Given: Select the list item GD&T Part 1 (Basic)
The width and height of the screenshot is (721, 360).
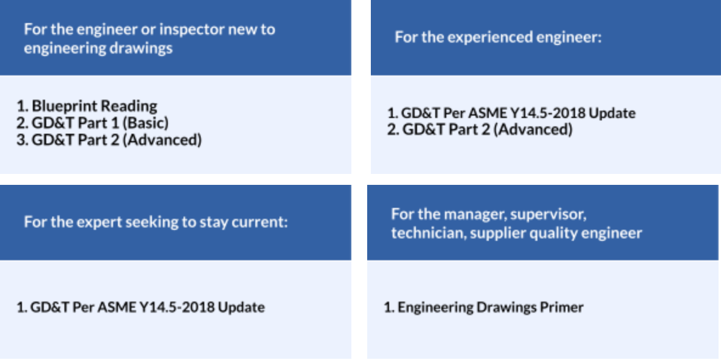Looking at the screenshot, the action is click(92, 123).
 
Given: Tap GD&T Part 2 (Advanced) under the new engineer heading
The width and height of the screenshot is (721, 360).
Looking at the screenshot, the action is click(109, 140).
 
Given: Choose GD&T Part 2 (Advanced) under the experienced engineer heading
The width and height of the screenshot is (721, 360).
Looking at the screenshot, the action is click(480, 130).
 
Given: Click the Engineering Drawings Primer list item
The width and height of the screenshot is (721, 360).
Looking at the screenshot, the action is click(483, 307).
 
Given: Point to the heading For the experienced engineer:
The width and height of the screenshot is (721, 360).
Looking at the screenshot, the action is click(498, 37).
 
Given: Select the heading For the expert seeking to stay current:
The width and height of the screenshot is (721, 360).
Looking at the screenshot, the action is click(156, 223).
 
